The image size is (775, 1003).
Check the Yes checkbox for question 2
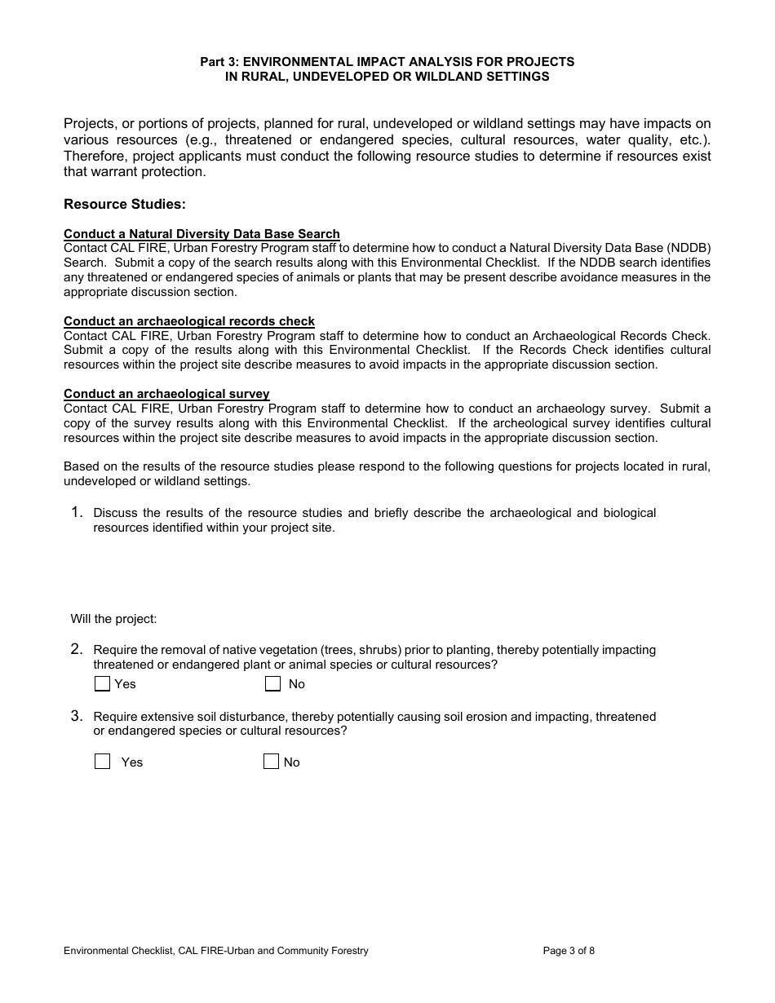[102, 683]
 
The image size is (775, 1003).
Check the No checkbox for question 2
[273, 683]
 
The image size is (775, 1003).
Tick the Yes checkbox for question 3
[102, 762]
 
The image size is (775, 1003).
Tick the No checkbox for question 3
[271, 762]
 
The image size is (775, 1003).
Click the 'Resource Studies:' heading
[124, 204]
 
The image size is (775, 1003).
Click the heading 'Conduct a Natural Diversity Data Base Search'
[201, 234]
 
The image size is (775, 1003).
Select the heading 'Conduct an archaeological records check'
[189, 321]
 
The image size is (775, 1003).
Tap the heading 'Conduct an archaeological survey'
[166, 394]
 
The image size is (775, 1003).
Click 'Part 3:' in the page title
[220, 62]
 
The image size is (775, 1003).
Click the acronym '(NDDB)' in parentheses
[689, 248]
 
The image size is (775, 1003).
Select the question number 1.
[76, 512]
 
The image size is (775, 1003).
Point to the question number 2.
[76, 649]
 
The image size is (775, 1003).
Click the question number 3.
[76, 716]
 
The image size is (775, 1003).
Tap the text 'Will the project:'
[113, 619]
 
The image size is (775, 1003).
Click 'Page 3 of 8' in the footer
[569, 950]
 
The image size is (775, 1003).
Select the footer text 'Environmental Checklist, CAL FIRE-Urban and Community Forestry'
[216, 950]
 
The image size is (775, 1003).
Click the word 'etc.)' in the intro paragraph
[690, 139]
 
